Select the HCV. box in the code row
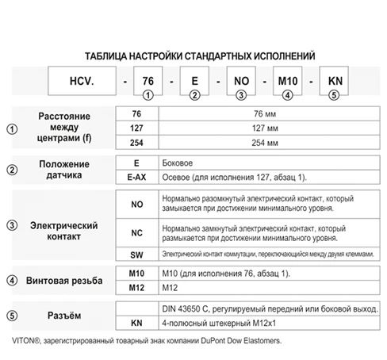tap(78, 81)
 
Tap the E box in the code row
tap(194, 81)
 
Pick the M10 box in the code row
tap(288, 81)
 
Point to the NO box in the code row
tap(241, 81)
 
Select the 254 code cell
tap(136, 143)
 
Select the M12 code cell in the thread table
tap(136, 287)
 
